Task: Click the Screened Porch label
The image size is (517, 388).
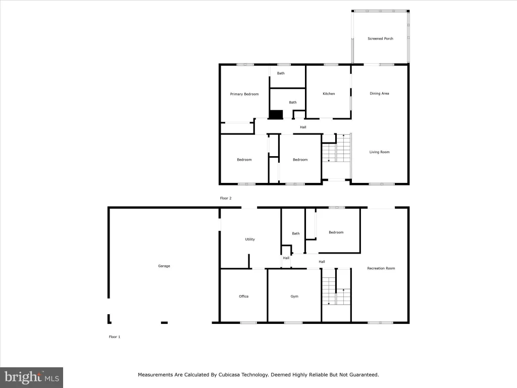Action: (x=380, y=38)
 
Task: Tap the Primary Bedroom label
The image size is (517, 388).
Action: (x=244, y=94)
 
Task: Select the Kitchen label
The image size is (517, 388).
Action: (x=329, y=93)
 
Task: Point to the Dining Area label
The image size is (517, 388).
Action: (x=379, y=93)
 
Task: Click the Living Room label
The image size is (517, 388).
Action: (x=379, y=152)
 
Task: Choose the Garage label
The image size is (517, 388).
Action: (x=164, y=266)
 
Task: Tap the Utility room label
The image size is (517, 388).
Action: (x=249, y=239)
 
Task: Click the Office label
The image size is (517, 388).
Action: (x=244, y=296)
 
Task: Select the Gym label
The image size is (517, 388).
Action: (x=294, y=296)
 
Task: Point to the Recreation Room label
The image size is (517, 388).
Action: (x=381, y=268)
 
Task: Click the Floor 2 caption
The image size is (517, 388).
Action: (x=226, y=198)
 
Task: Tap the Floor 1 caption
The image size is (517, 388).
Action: (x=115, y=337)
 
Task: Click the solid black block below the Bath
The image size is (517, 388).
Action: (x=276, y=115)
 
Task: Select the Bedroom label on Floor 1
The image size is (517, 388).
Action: (x=336, y=232)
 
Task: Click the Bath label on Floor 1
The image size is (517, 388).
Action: (x=296, y=233)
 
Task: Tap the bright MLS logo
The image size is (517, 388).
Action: (x=31, y=377)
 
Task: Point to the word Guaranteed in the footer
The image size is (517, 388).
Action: (x=365, y=375)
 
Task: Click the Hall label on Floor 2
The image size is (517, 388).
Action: (x=303, y=127)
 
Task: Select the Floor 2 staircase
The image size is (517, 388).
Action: (x=336, y=148)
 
